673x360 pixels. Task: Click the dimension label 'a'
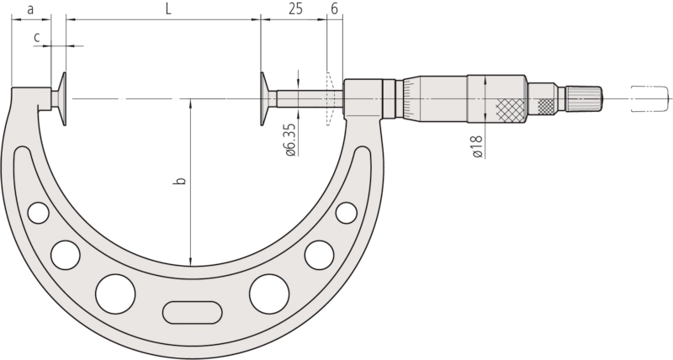[30, 9]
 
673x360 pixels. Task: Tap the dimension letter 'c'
[37, 38]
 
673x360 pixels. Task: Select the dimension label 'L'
[168, 9]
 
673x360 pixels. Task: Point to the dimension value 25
[295, 9]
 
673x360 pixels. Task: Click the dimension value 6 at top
[335, 9]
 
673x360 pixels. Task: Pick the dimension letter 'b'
[181, 180]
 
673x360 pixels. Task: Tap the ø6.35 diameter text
[290, 140]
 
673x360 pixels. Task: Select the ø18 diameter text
[478, 146]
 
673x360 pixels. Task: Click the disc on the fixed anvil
[63, 98]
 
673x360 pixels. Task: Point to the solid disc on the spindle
[263, 98]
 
